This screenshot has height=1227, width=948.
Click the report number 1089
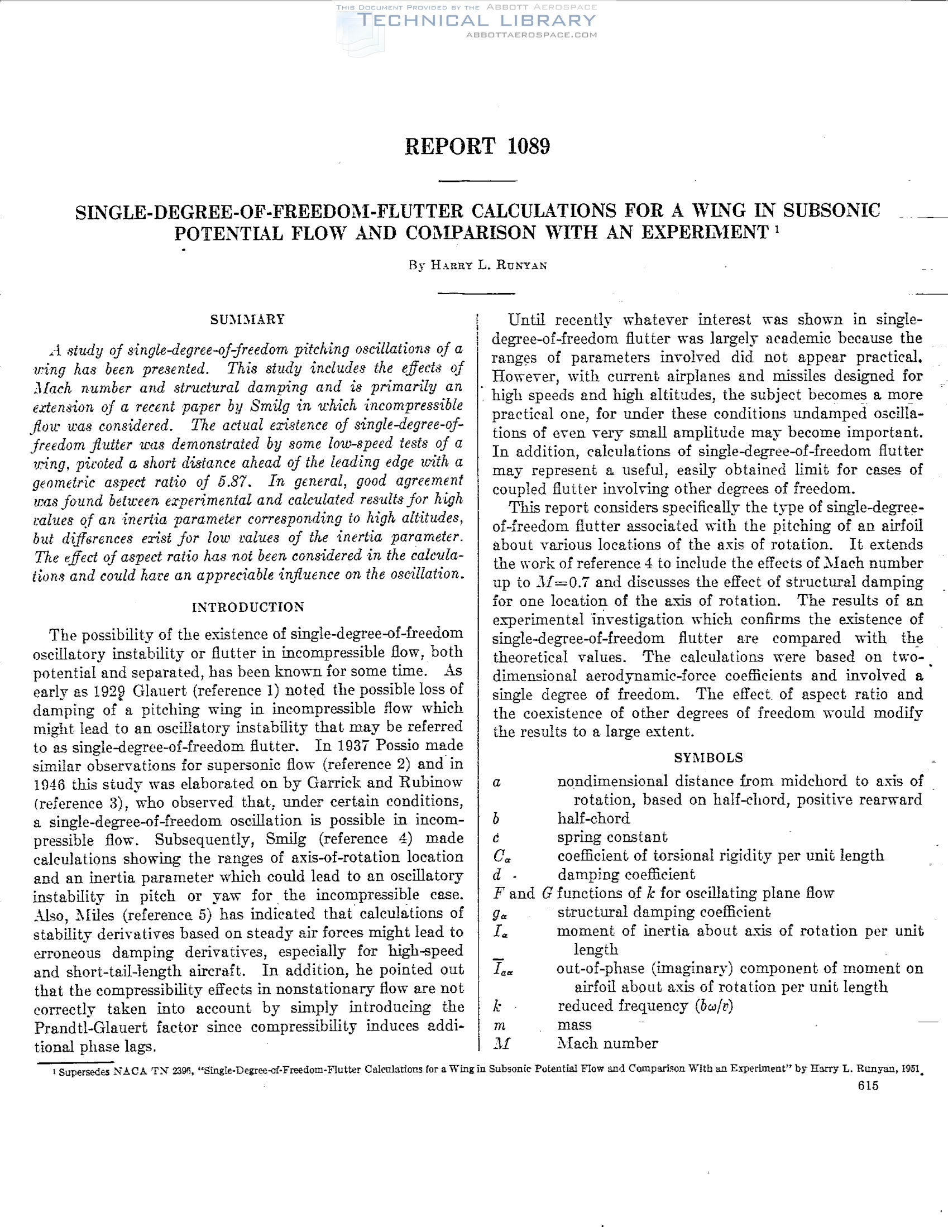528,147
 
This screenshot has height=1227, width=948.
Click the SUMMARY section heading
248,320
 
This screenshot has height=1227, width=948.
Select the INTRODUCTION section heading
248,607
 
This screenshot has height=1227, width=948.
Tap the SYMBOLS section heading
708,758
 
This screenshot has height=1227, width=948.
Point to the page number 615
868,1102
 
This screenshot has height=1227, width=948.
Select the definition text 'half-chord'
593,818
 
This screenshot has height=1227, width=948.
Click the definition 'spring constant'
612,837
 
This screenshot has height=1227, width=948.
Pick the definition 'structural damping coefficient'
664,912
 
